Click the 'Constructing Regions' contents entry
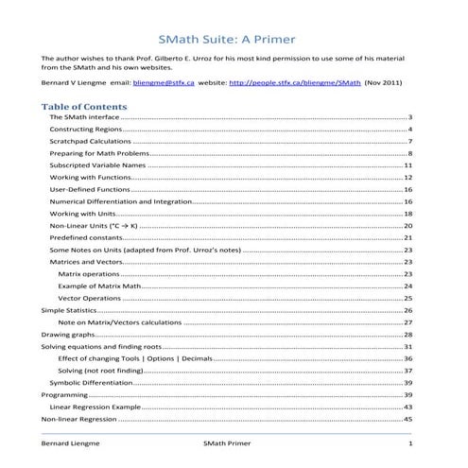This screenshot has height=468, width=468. [x=82, y=128]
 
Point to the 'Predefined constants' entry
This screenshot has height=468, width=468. [x=84, y=237]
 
